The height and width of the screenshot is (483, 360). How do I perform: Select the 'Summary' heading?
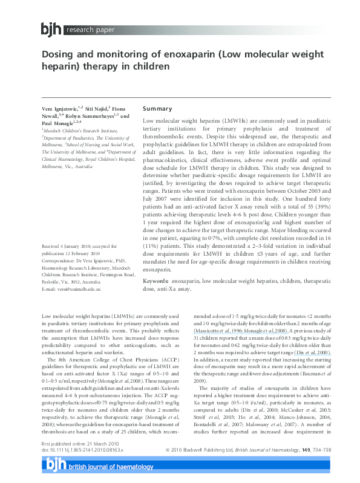click(157, 109)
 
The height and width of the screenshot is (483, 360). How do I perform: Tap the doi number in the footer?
click(82, 450)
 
